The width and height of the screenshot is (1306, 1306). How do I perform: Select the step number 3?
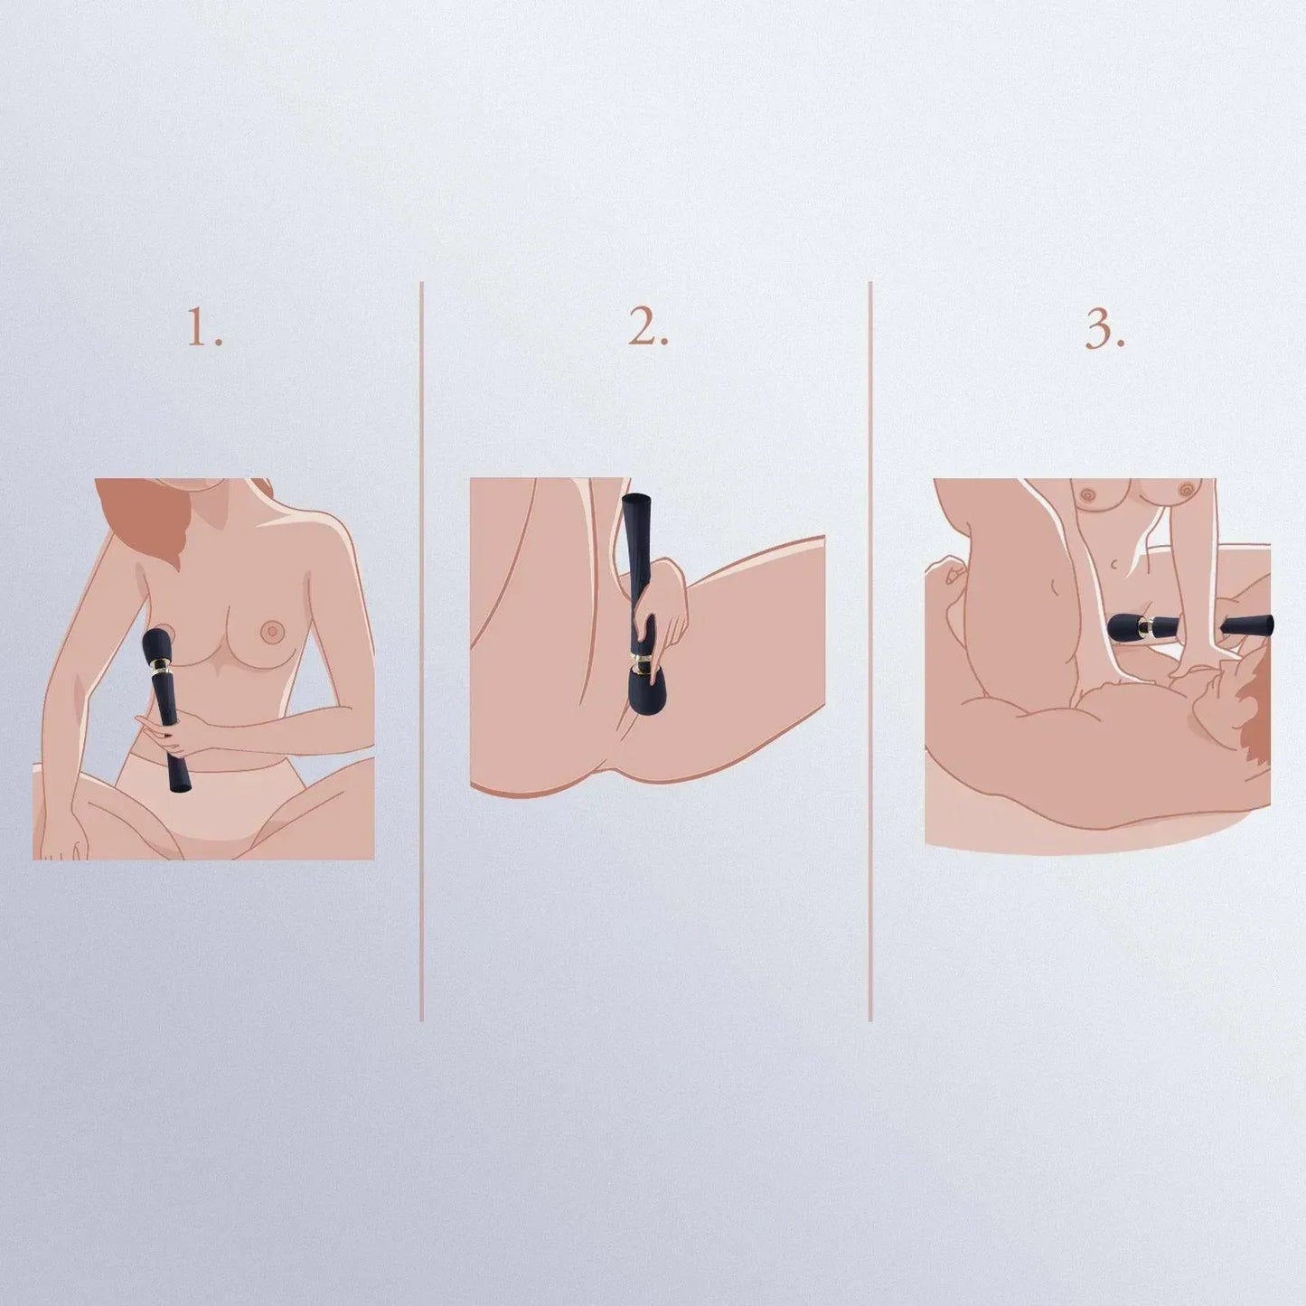(1104, 331)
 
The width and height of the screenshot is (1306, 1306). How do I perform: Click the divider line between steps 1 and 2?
(422, 651)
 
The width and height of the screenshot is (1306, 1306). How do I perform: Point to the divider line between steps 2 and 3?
(870, 651)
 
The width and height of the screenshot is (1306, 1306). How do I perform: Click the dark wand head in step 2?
(649, 701)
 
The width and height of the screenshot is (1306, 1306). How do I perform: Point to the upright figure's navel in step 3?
(1113, 565)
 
